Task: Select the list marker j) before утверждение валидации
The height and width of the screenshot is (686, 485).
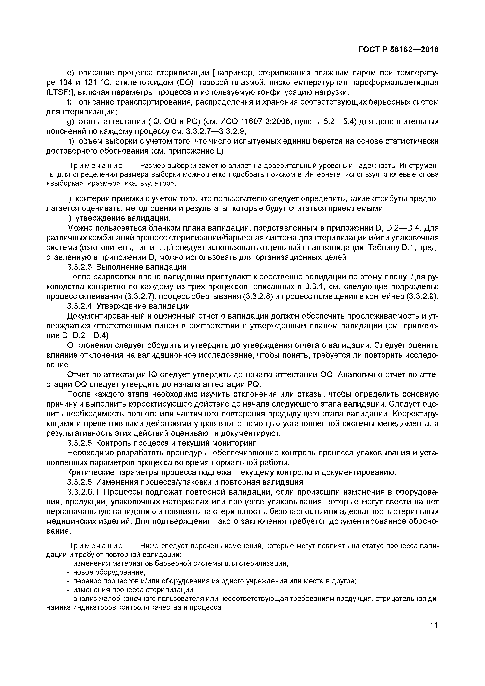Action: tap(69, 218)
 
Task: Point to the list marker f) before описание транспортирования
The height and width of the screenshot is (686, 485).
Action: tap(70, 102)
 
